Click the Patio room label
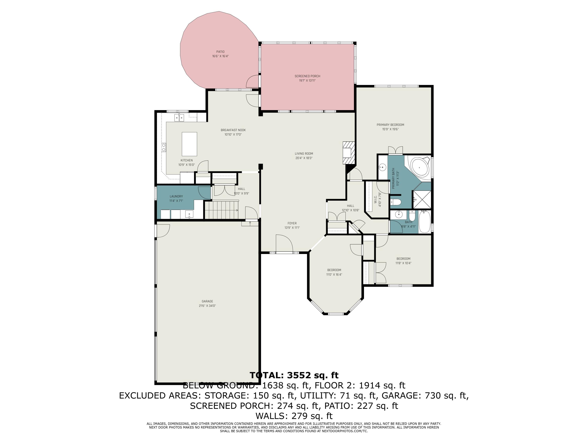coord(220,52)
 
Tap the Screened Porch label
coord(307,76)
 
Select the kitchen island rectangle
coord(189,144)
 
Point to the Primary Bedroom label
coord(390,125)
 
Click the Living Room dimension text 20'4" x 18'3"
coord(304,158)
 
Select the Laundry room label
coord(176,196)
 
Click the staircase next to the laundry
coord(221,210)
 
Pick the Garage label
coord(207,301)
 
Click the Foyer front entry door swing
coord(284,243)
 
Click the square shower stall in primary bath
coord(422,199)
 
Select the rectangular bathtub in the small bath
coord(425,221)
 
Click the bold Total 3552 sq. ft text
coord(294,375)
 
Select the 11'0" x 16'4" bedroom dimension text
coord(334,275)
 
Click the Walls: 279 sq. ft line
coord(294,416)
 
